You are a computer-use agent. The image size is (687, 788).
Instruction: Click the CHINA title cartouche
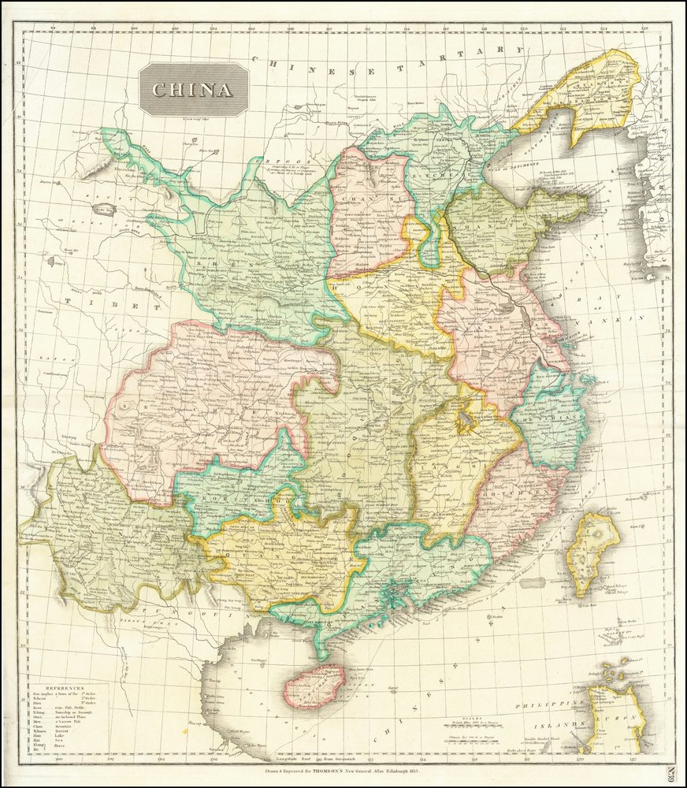(x=193, y=90)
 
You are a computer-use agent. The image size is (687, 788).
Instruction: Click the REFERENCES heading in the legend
(x=64, y=688)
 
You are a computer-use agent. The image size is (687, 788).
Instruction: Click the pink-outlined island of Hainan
(x=314, y=686)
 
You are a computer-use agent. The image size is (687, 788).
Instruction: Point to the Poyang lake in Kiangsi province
(x=467, y=420)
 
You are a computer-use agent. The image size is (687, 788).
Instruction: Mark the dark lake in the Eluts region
(x=104, y=210)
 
